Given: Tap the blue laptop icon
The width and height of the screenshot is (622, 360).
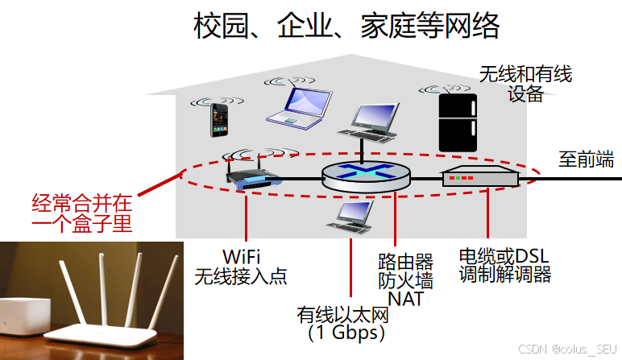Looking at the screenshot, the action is (299, 106).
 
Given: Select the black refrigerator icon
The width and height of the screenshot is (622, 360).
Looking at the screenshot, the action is (457, 122).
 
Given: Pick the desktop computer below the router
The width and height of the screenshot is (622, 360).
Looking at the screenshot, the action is (352, 216).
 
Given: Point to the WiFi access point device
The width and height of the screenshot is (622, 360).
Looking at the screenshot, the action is (250, 172).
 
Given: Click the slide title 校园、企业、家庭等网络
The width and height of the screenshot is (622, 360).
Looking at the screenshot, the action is (346, 27).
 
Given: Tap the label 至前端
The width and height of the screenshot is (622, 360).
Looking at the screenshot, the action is (586, 159).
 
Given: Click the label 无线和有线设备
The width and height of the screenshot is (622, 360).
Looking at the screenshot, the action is (525, 84).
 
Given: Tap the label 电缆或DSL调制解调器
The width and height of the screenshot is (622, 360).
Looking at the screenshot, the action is (504, 265).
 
